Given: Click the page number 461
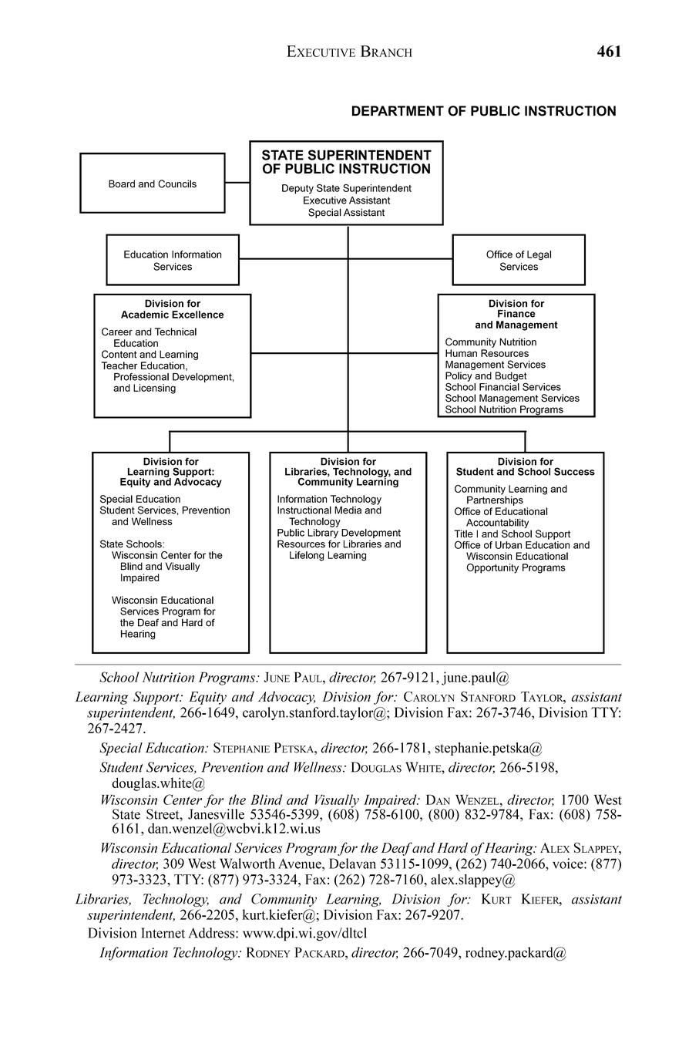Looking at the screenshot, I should pos(608,52).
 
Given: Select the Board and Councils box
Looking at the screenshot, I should pos(153,184).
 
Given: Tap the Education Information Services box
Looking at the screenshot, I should pos(173,261).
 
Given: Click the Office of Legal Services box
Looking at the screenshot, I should pos(519,261).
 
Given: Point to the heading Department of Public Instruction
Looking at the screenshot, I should pos(483,111).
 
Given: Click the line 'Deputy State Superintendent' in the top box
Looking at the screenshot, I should pos(346,188).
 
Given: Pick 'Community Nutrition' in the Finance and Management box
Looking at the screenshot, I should pos(491,342).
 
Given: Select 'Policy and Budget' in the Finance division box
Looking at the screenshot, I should pos(486,376).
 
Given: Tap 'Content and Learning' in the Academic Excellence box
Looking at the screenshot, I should pos(150,355).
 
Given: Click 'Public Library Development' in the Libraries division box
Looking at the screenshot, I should pos(339,533).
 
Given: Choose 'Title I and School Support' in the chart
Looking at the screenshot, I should pos(512,534).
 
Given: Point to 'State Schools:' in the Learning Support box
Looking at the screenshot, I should pos(132,544).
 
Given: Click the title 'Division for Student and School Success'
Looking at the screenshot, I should pos(526,466).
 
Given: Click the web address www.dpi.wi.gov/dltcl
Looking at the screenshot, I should pos(305,934).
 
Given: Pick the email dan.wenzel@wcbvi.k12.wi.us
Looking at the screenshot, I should pos(234,829).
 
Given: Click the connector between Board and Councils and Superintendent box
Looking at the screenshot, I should pos(237,183).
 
